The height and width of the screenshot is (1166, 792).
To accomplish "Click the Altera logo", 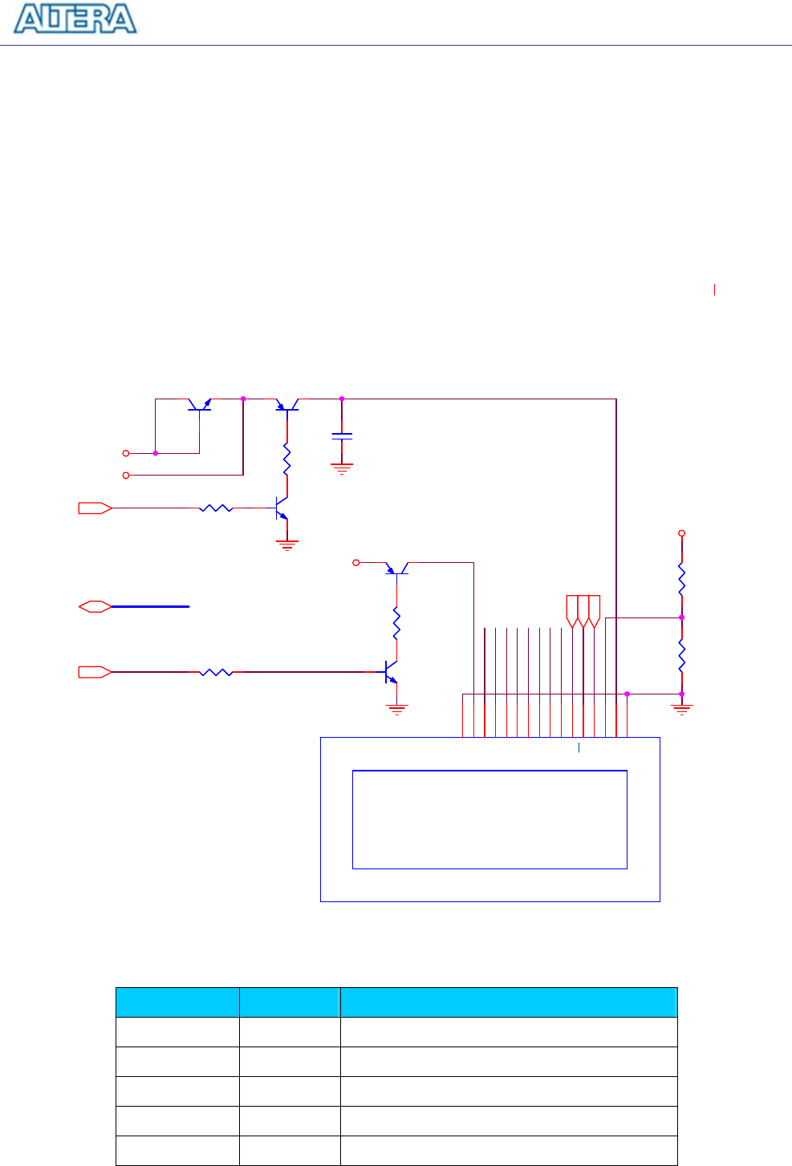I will click(x=76, y=19).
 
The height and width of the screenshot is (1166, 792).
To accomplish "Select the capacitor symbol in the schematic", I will click(x=342, y=436).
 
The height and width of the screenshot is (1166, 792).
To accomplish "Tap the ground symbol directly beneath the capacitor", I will click(x=342, y=468).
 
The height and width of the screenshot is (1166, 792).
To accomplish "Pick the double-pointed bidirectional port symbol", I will click(x=95, y=607).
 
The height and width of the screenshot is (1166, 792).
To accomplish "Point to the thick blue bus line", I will click(x=150, y=607).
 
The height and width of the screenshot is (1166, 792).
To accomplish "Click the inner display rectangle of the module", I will click(x=489, y=819).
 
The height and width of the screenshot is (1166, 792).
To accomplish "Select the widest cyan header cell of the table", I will click(x=509, y=1002).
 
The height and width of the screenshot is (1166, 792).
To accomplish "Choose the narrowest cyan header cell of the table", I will click(x=289, y=1002).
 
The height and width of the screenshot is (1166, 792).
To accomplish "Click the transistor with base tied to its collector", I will click(x=199, y=405).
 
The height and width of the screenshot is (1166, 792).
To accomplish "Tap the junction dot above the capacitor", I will click(x=342, y=399).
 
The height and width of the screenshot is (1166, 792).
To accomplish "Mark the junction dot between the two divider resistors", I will click(x=681, y=617).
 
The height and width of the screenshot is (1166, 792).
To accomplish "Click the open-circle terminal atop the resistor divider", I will click(x=682, y=532).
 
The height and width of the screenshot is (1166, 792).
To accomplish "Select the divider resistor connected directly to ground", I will click(x=681, y=655).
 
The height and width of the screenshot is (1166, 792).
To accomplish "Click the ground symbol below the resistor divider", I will click(x=681, y=708).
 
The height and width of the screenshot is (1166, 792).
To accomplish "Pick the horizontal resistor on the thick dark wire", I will click(x=216, y=672).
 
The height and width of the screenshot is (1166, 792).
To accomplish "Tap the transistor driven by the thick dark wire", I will click(x=390, y=672).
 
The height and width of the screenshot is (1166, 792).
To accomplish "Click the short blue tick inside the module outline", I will click(x=579, y=748).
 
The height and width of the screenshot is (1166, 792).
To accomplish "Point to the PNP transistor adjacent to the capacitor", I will click(x=286, y=406).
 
